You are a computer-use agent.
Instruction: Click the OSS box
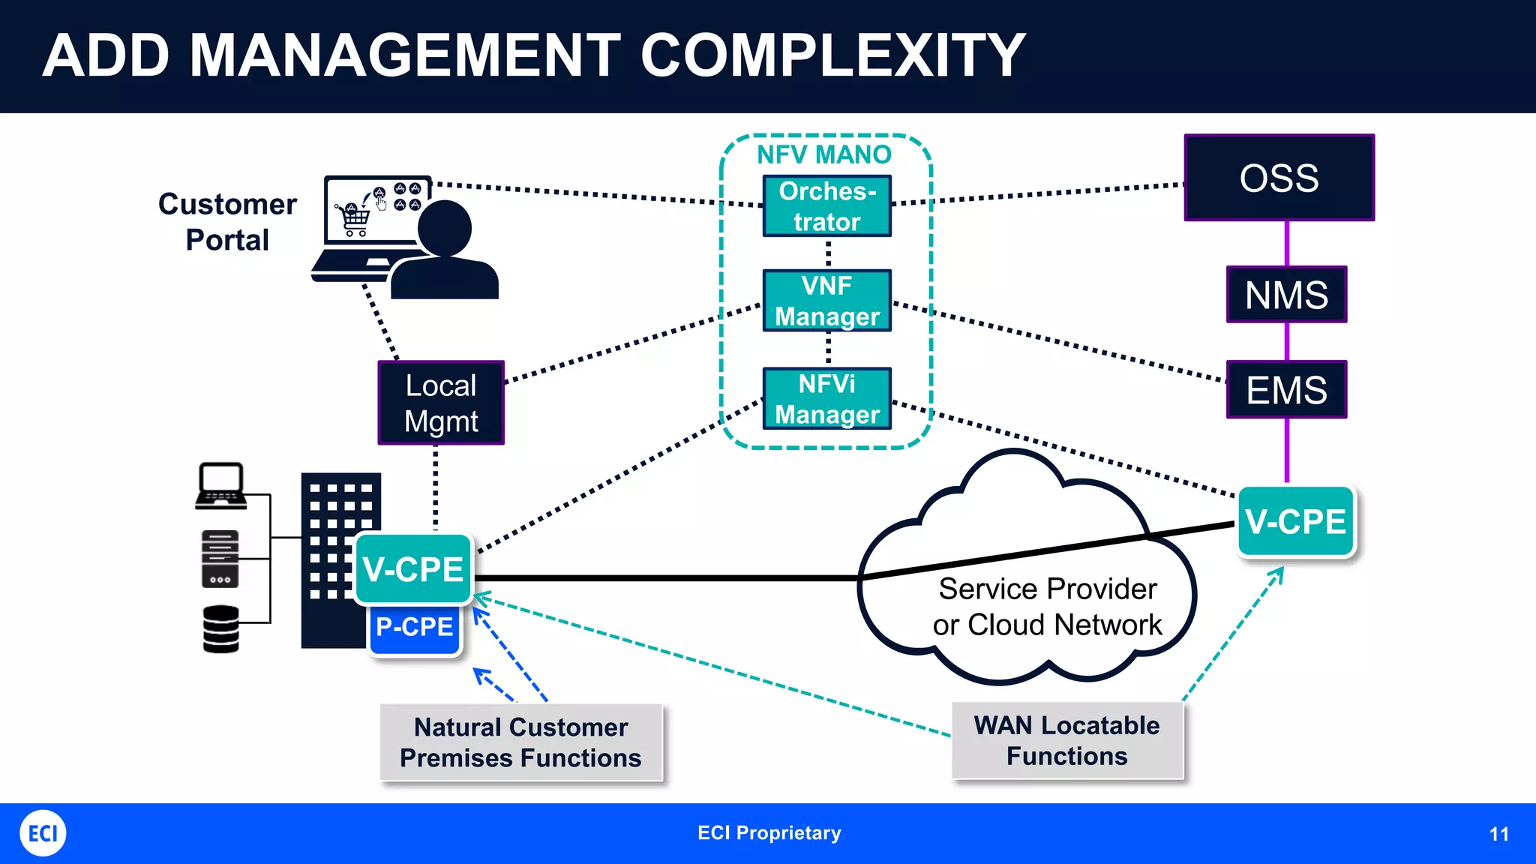1279,178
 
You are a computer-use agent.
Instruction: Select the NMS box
1286,294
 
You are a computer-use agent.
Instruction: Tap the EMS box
1286,389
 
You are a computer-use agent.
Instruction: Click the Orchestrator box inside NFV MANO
826,206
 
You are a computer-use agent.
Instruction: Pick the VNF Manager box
826,301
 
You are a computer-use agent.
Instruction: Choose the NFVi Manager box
826,398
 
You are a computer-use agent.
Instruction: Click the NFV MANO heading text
823,154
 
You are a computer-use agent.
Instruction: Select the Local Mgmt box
441,403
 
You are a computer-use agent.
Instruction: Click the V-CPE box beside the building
413,568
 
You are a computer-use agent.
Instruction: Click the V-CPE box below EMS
1295,521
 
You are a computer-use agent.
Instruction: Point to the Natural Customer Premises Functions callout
520,742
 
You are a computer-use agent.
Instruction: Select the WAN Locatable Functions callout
1066,741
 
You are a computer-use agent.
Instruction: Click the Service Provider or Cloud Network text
1047,606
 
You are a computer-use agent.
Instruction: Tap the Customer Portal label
227,221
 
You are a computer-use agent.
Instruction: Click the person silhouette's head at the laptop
444,228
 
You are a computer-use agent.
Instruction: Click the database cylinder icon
220,629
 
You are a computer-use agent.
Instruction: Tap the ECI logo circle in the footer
43,833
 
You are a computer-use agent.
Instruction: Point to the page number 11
1498,834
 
